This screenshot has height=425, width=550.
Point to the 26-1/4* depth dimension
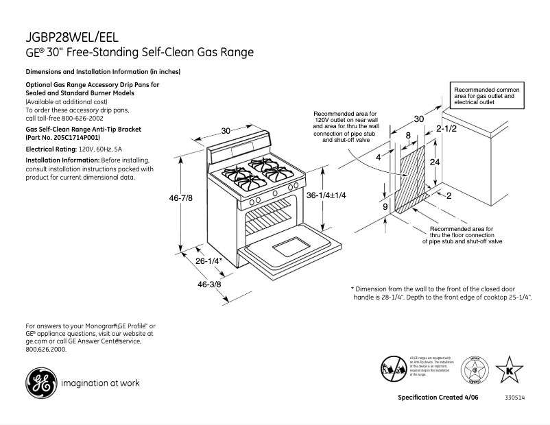pyautogui.click(x=208, y=261)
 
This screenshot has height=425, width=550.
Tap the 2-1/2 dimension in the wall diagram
pyautogui.click(x=446, y=128)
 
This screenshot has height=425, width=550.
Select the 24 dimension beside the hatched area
pyautogui.click(x=434, y=162)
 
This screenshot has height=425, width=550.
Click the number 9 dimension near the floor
pyautogui.click(x=385, y=206)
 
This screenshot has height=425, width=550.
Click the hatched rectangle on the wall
pyautogui.click(x=414, y=177)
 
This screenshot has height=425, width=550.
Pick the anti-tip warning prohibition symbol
pyautogui.click(x=393, y=368)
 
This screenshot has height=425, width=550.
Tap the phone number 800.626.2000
pyautogui.click(x=46, y=349)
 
